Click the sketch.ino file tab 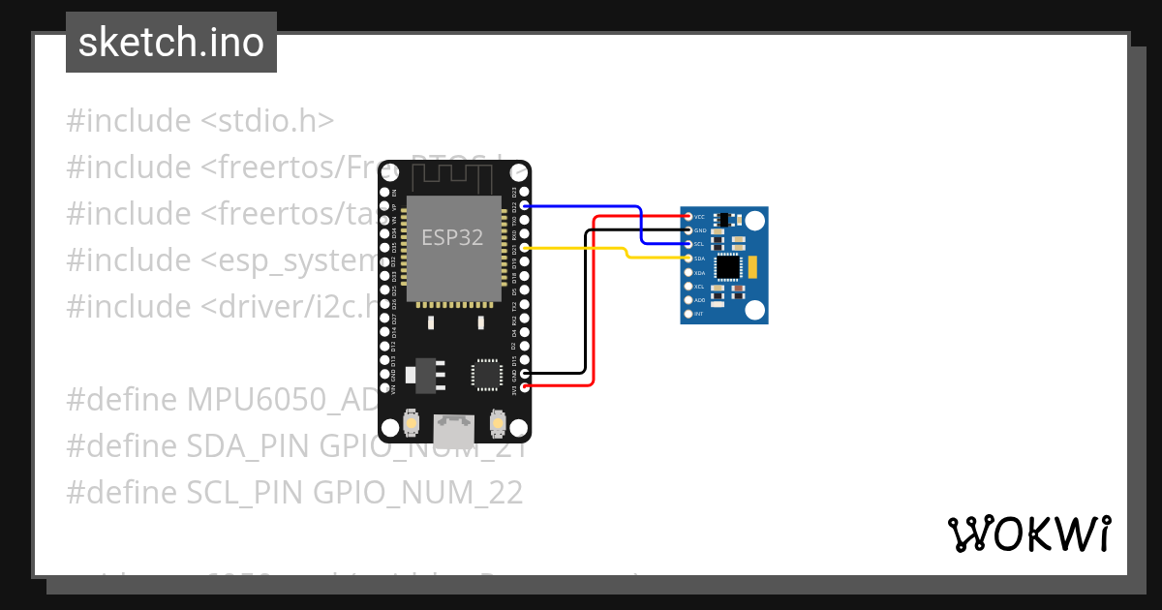pyautogui.click(x=171, y=43)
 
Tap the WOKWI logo pyautogui.click(x=1028, y=534)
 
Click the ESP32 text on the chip pyautogui.click(x=452, y=237)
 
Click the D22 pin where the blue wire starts pyautogui.click(x=525, y=206)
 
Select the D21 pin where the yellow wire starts pyautogui.click(x=525, y=248)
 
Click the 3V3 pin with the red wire pyautogui.click(x=525, y=387)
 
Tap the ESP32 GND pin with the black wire pyautogui.click(x=525, y=374)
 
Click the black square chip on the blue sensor pyautogui.click(x=729, y=266)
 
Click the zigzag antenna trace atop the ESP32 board pyautogui.click(x=454, y=177)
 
